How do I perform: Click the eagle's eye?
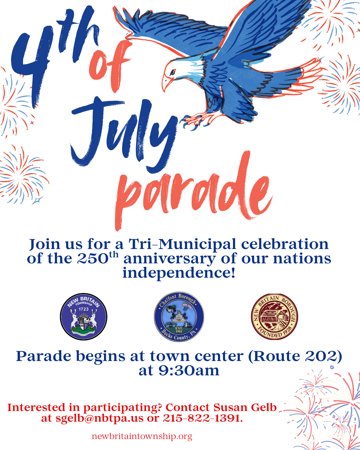tap(172, 72)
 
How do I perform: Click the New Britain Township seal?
tap(83, 317)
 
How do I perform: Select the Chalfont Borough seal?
tap(179, 317)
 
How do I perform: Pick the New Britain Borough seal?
tap(274, 317)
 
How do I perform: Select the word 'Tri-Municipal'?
tap(182, 244)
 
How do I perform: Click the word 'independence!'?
tap(179, 273)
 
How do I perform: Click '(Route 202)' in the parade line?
tap(295, 356)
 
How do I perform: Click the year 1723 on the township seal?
tap(83, 309)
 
